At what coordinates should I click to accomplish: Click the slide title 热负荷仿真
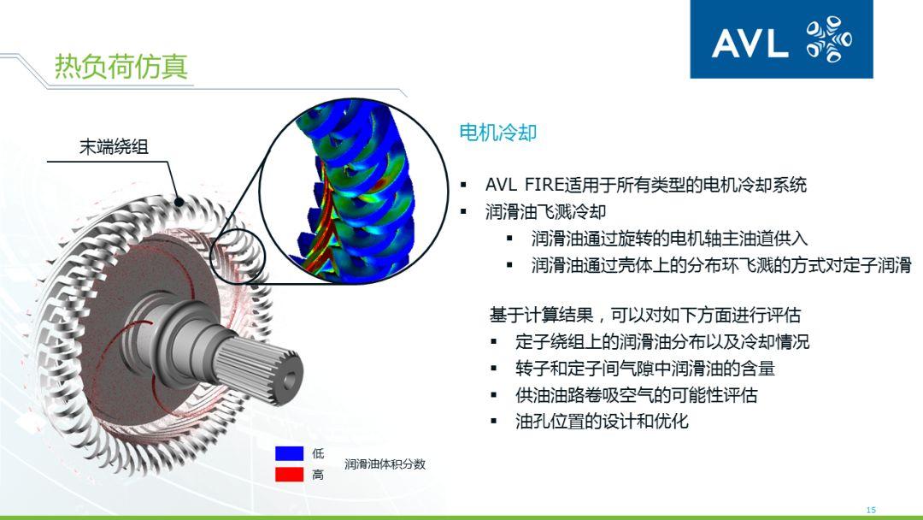(121, 67)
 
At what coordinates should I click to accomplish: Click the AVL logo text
(750, 43)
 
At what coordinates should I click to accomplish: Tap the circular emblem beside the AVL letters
(828, 41)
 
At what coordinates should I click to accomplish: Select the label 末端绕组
(114, 147)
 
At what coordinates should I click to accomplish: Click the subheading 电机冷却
(497, 133)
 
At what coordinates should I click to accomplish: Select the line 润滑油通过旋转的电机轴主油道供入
(669, 238)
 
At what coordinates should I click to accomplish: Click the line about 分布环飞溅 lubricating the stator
(720, 265)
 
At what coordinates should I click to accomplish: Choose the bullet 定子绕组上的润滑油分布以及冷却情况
(661, 342)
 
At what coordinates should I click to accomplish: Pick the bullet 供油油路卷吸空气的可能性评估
(636, 395)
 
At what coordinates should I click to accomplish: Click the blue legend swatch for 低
(289, 453)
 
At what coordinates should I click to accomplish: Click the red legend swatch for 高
(289, 474)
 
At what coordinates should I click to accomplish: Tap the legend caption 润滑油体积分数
(385, 464)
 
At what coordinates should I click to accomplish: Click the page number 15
(871, 510)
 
